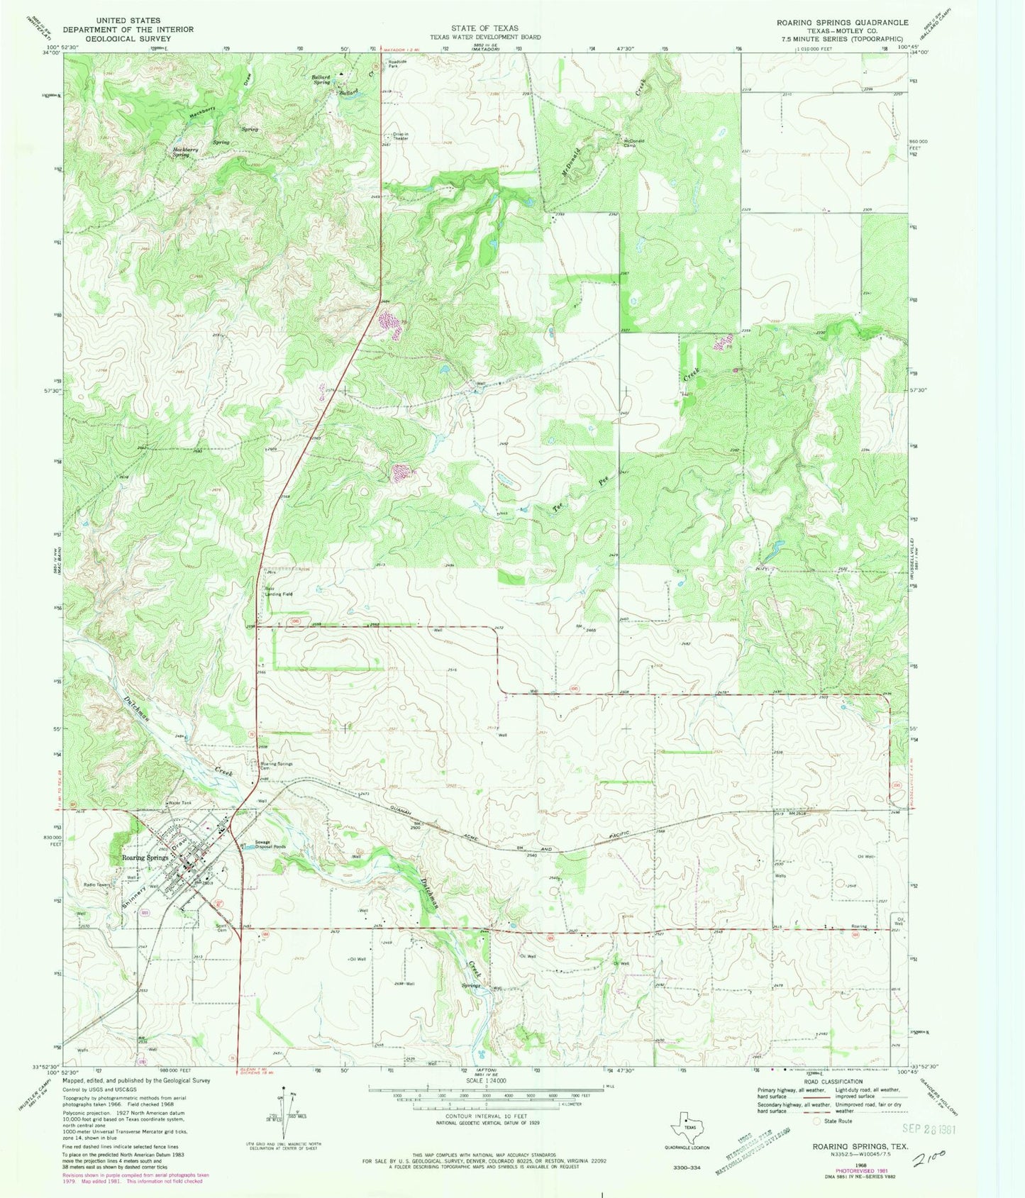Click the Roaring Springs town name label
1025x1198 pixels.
(145, 858)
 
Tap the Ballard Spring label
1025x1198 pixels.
(321, 79)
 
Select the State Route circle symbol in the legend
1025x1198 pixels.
(818, 1121)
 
